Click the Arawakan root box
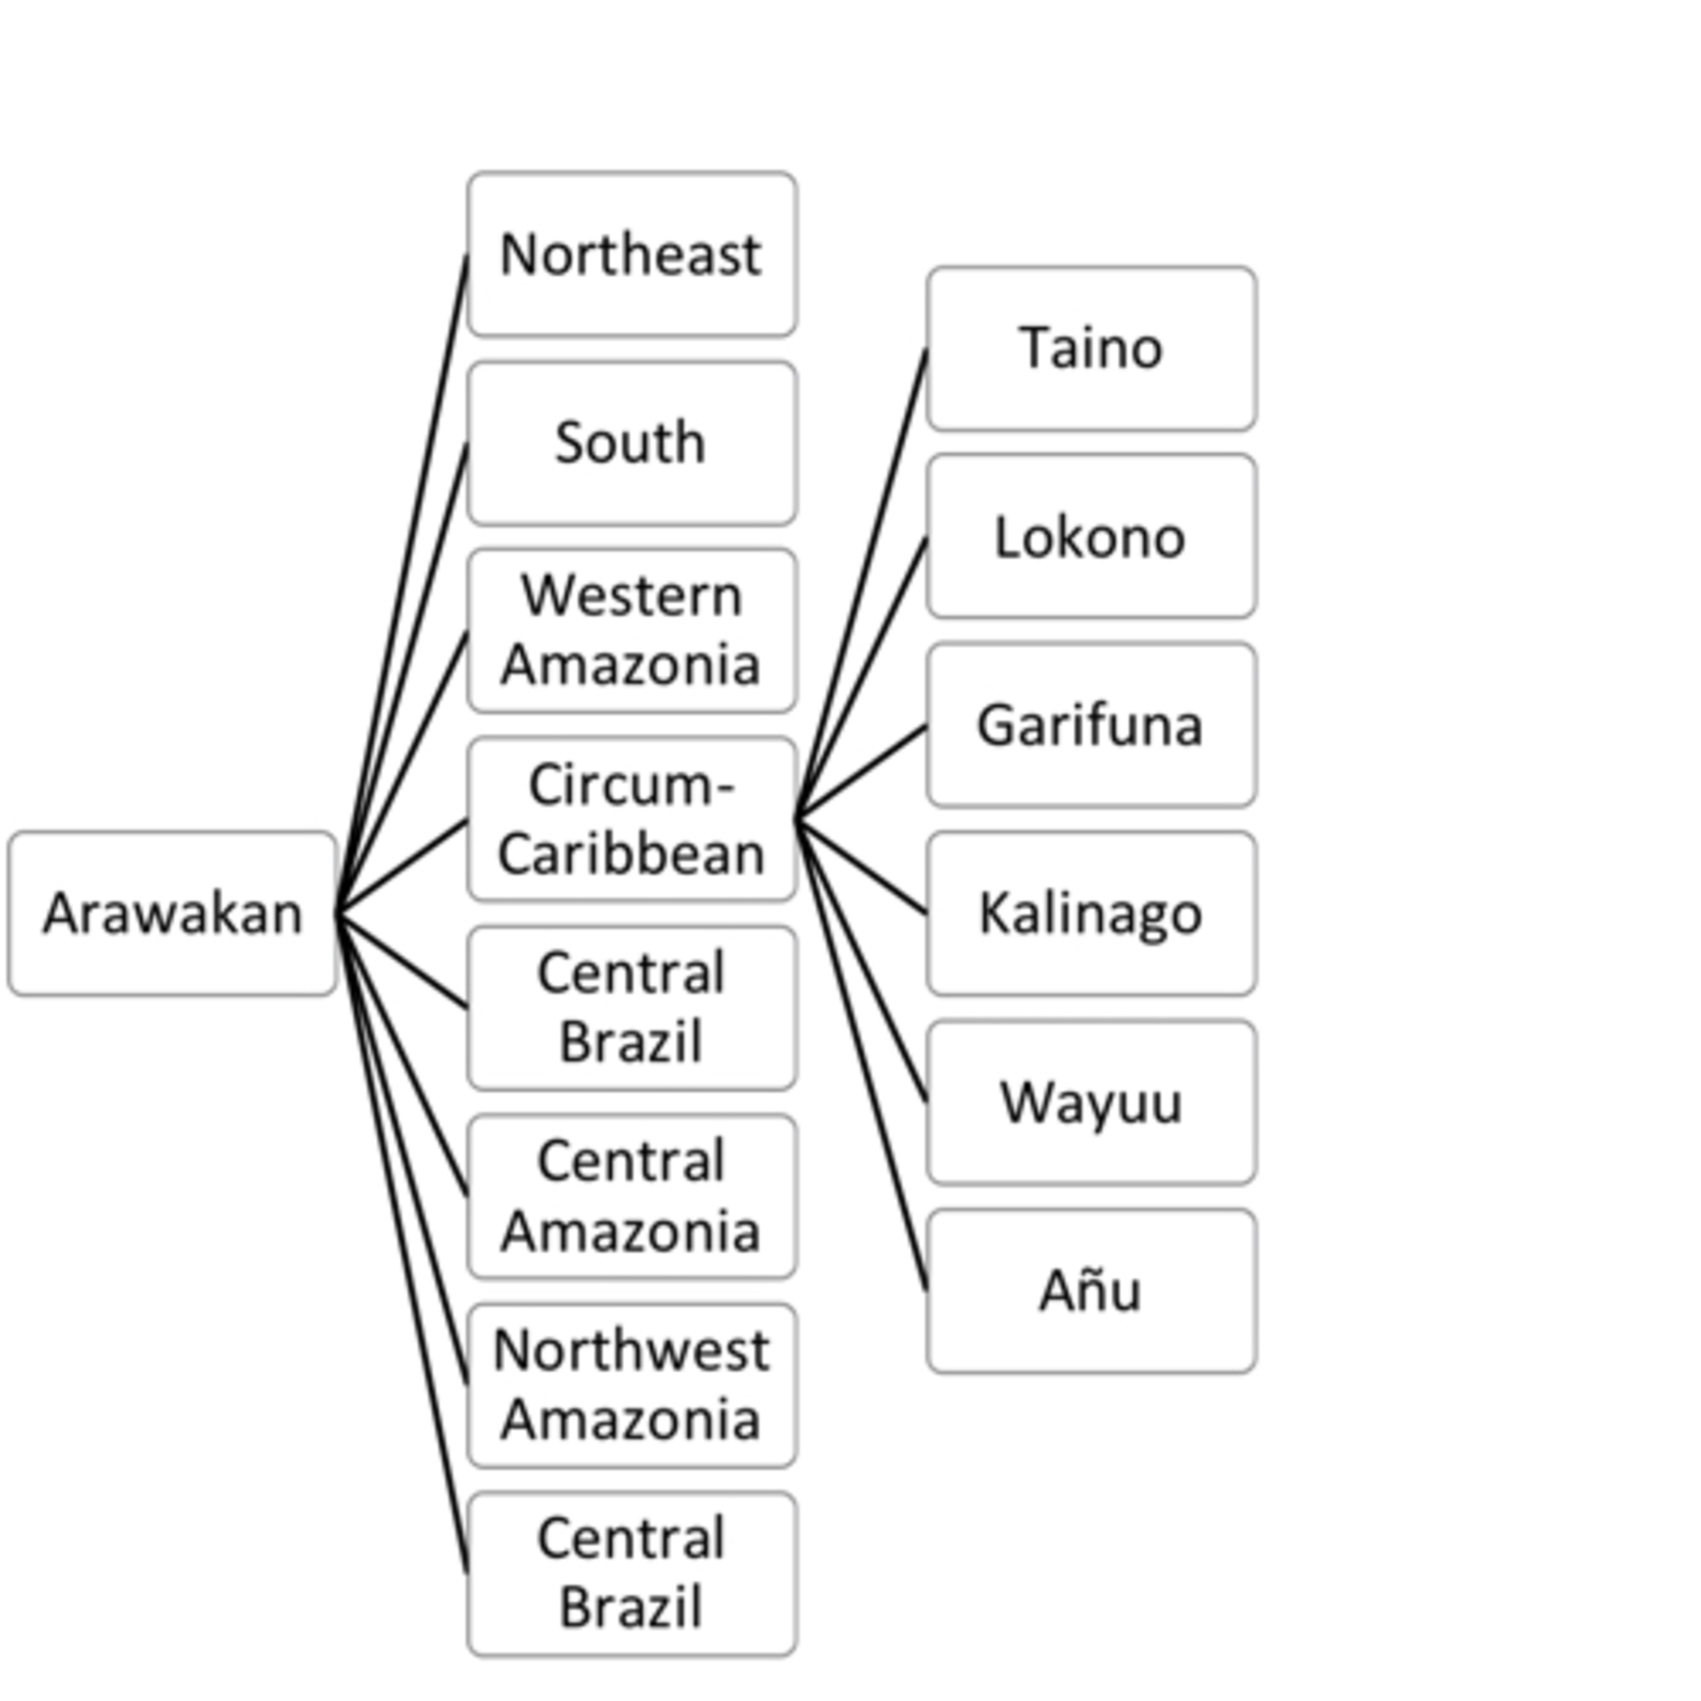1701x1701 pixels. pyautogui.click(x=172, y=913)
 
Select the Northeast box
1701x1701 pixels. pyautogui.click(x=631, y=255)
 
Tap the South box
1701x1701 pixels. pyautogui.click(x=631, y=443)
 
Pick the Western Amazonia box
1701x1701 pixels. pyautogui.click(x=631, y=631)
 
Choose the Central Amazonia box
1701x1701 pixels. pyautogui.click(x=631, y=1196)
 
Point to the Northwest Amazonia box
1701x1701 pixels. pyautogui.click(x=631, y=1385)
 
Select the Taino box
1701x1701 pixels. pyautogui.click(x=1091, y=349)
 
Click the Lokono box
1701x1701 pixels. pyautogui.click(x=1091, y=537)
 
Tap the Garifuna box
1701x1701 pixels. pyautogui.click(x=1091, y=726)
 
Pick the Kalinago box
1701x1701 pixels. pyautogui.click(x=1091, y=913)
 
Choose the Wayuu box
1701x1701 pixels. pyautogui.click(x=1091, y=1102)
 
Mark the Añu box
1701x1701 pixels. pyautogui.click(x=1091, y=1290)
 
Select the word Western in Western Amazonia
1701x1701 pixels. pyautogui.click(x=631, y=596)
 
